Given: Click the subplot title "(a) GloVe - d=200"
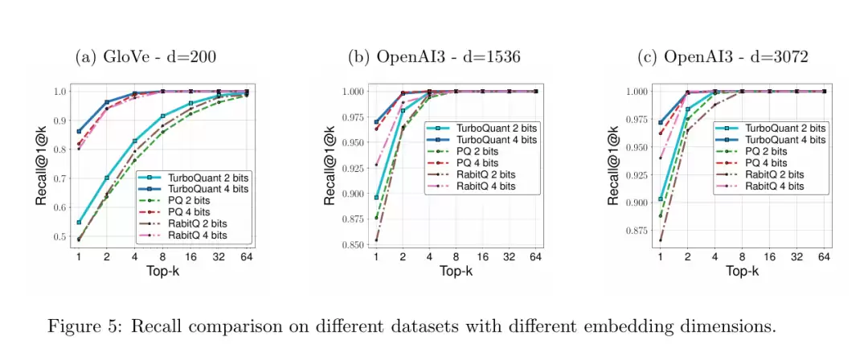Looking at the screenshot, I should point(145,57).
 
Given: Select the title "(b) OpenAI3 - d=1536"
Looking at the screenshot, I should point(434,57).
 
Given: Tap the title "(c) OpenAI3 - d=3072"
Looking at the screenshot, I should point(722,57).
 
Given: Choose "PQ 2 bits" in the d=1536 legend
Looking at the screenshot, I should point(477,151).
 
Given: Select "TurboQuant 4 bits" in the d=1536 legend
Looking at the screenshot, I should point(493,140).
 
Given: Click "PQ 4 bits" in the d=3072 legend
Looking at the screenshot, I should point(766,163).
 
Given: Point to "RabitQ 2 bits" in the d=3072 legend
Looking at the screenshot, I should point(775,174).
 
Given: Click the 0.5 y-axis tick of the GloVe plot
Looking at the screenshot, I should point(60,237).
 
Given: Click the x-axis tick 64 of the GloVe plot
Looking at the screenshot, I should point(245,256).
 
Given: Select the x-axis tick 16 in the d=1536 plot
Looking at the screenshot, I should point(482,256).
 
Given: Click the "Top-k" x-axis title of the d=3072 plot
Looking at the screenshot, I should point(742,272).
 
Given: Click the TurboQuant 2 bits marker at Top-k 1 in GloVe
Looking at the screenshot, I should point(79,223).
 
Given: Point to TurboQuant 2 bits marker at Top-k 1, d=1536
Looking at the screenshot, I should point(376,197).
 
